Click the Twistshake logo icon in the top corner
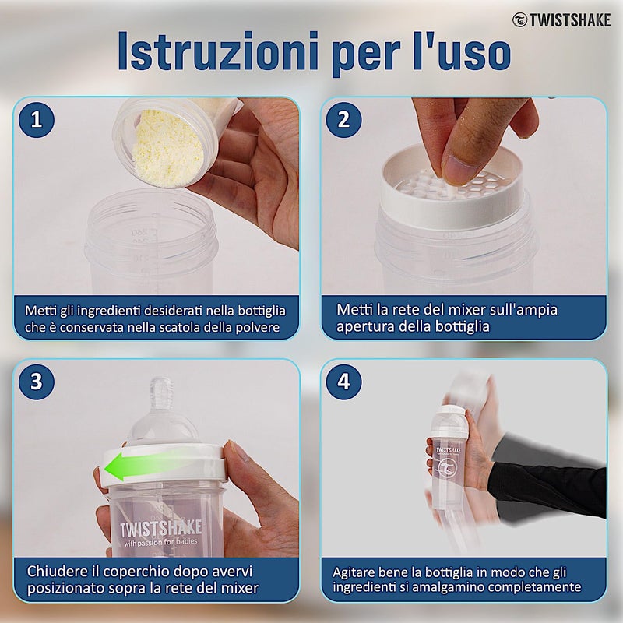pos(519,20)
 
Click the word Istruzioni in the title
pos(218,51)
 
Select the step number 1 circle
pos(37,120)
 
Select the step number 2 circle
pos(343,120)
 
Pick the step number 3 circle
pos(37,382)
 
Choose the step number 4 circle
pos(343,382)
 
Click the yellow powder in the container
pos(167,149)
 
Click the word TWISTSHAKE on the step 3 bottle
pos(161,529)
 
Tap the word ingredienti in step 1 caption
pos(108,311)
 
